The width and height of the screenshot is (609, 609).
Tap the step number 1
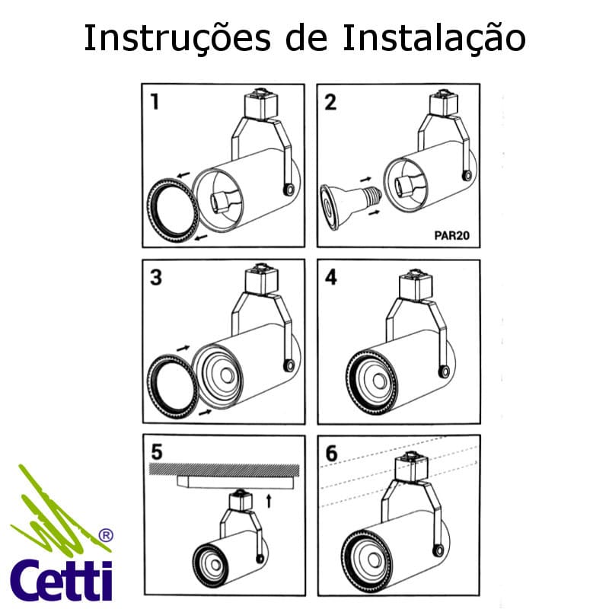(155, 101)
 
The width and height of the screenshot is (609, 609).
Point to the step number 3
(156, 278)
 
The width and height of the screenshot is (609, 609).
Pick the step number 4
(331, 277)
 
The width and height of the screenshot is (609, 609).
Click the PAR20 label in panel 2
(451, 235)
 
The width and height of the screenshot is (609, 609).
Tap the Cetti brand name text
(61, 580)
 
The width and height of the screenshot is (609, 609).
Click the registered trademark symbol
(107, 535)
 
